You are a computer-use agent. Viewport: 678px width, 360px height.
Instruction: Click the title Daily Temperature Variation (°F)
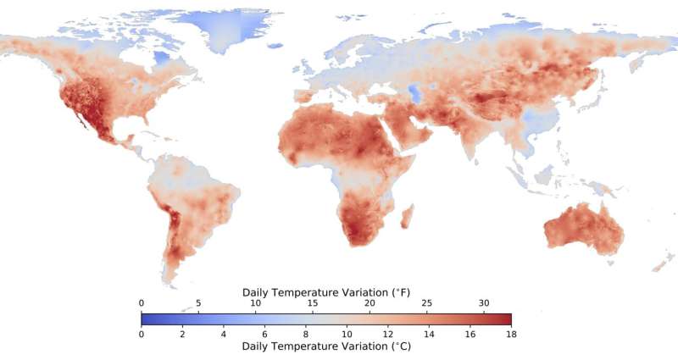325,292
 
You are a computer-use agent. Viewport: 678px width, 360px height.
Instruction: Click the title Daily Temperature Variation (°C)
325,346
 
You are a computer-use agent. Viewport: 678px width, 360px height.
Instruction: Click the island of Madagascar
406,216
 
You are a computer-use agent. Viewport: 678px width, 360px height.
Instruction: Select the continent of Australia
585,229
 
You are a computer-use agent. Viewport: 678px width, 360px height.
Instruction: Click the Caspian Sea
413,91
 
